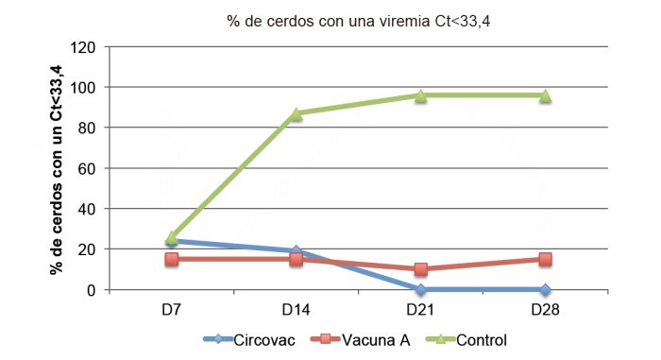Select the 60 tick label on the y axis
[x=90, y=168]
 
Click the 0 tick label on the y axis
[x=93, y=290]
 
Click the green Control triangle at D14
[x=296, y=113]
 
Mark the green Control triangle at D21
[x=420, y=95]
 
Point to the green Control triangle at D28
[x=545, y=95]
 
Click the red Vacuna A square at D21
[x=420, y=269]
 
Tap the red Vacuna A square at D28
[x=545, y=259]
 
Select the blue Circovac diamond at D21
[x=420, y=289]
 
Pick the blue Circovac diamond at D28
[x=545, y=289]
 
